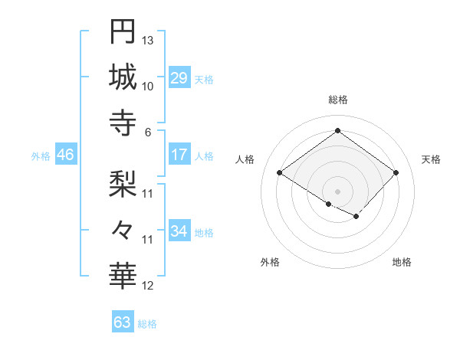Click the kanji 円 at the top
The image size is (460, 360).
123,31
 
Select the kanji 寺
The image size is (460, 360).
123,123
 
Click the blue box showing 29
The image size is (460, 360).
179,78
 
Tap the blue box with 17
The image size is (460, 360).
179,155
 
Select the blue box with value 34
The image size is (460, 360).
179,231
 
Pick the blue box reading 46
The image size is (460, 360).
65,155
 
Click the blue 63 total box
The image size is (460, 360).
122,322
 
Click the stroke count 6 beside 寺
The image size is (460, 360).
148,132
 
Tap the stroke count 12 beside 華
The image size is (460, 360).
148,286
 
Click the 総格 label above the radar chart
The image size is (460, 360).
338,100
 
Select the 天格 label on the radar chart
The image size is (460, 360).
431,159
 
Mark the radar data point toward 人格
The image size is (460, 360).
280,173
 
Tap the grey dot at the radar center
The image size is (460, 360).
337,190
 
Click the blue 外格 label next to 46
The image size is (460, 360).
41,155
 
